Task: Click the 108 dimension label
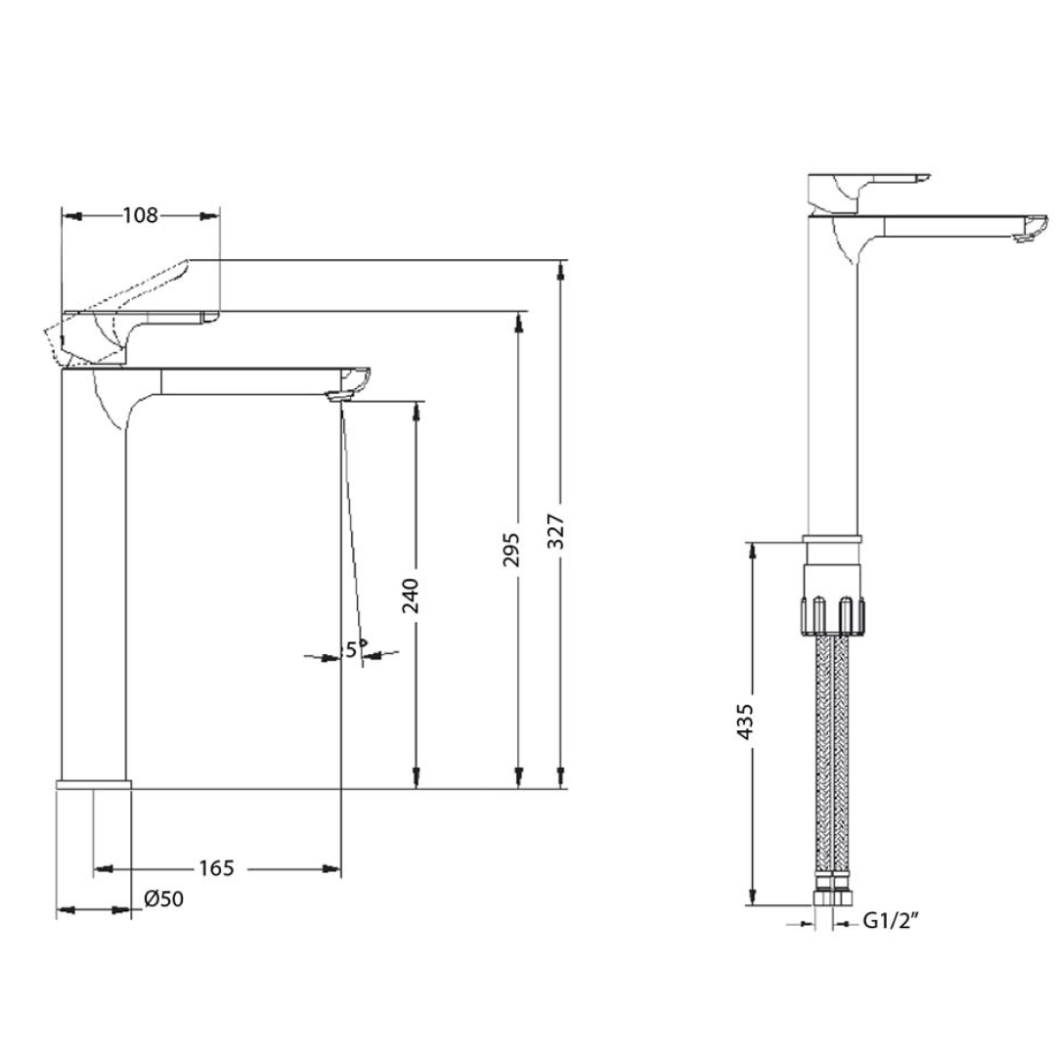(x=140, y=215)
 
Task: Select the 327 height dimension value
(x=555, y=531)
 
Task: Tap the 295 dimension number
(x=512, y=549)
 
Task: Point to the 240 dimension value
(x=410, y=595)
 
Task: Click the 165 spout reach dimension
(x=216, y=868)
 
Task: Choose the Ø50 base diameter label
(x=163, y=899)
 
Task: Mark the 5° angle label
(x=356, y=648)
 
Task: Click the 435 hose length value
(x=745, y=722)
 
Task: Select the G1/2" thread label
(x=892, y=921)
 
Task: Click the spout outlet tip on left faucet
(x=338, y=397)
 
